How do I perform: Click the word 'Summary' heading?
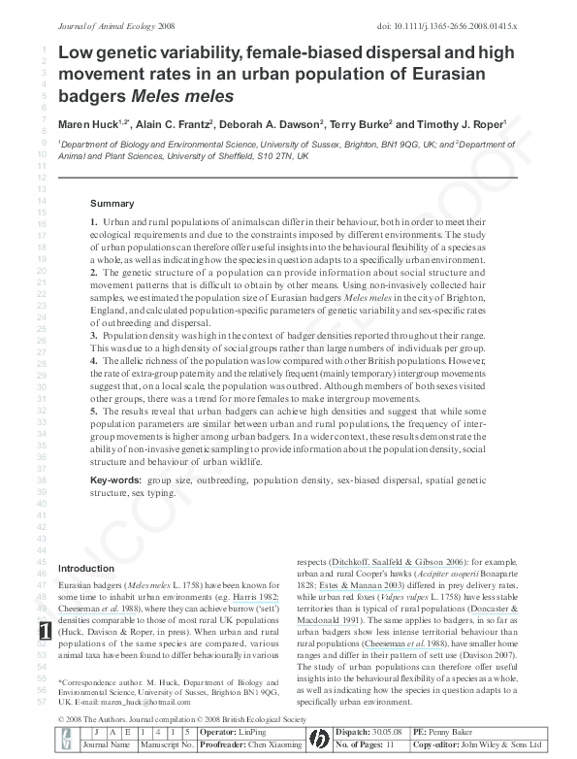pos(112,204)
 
